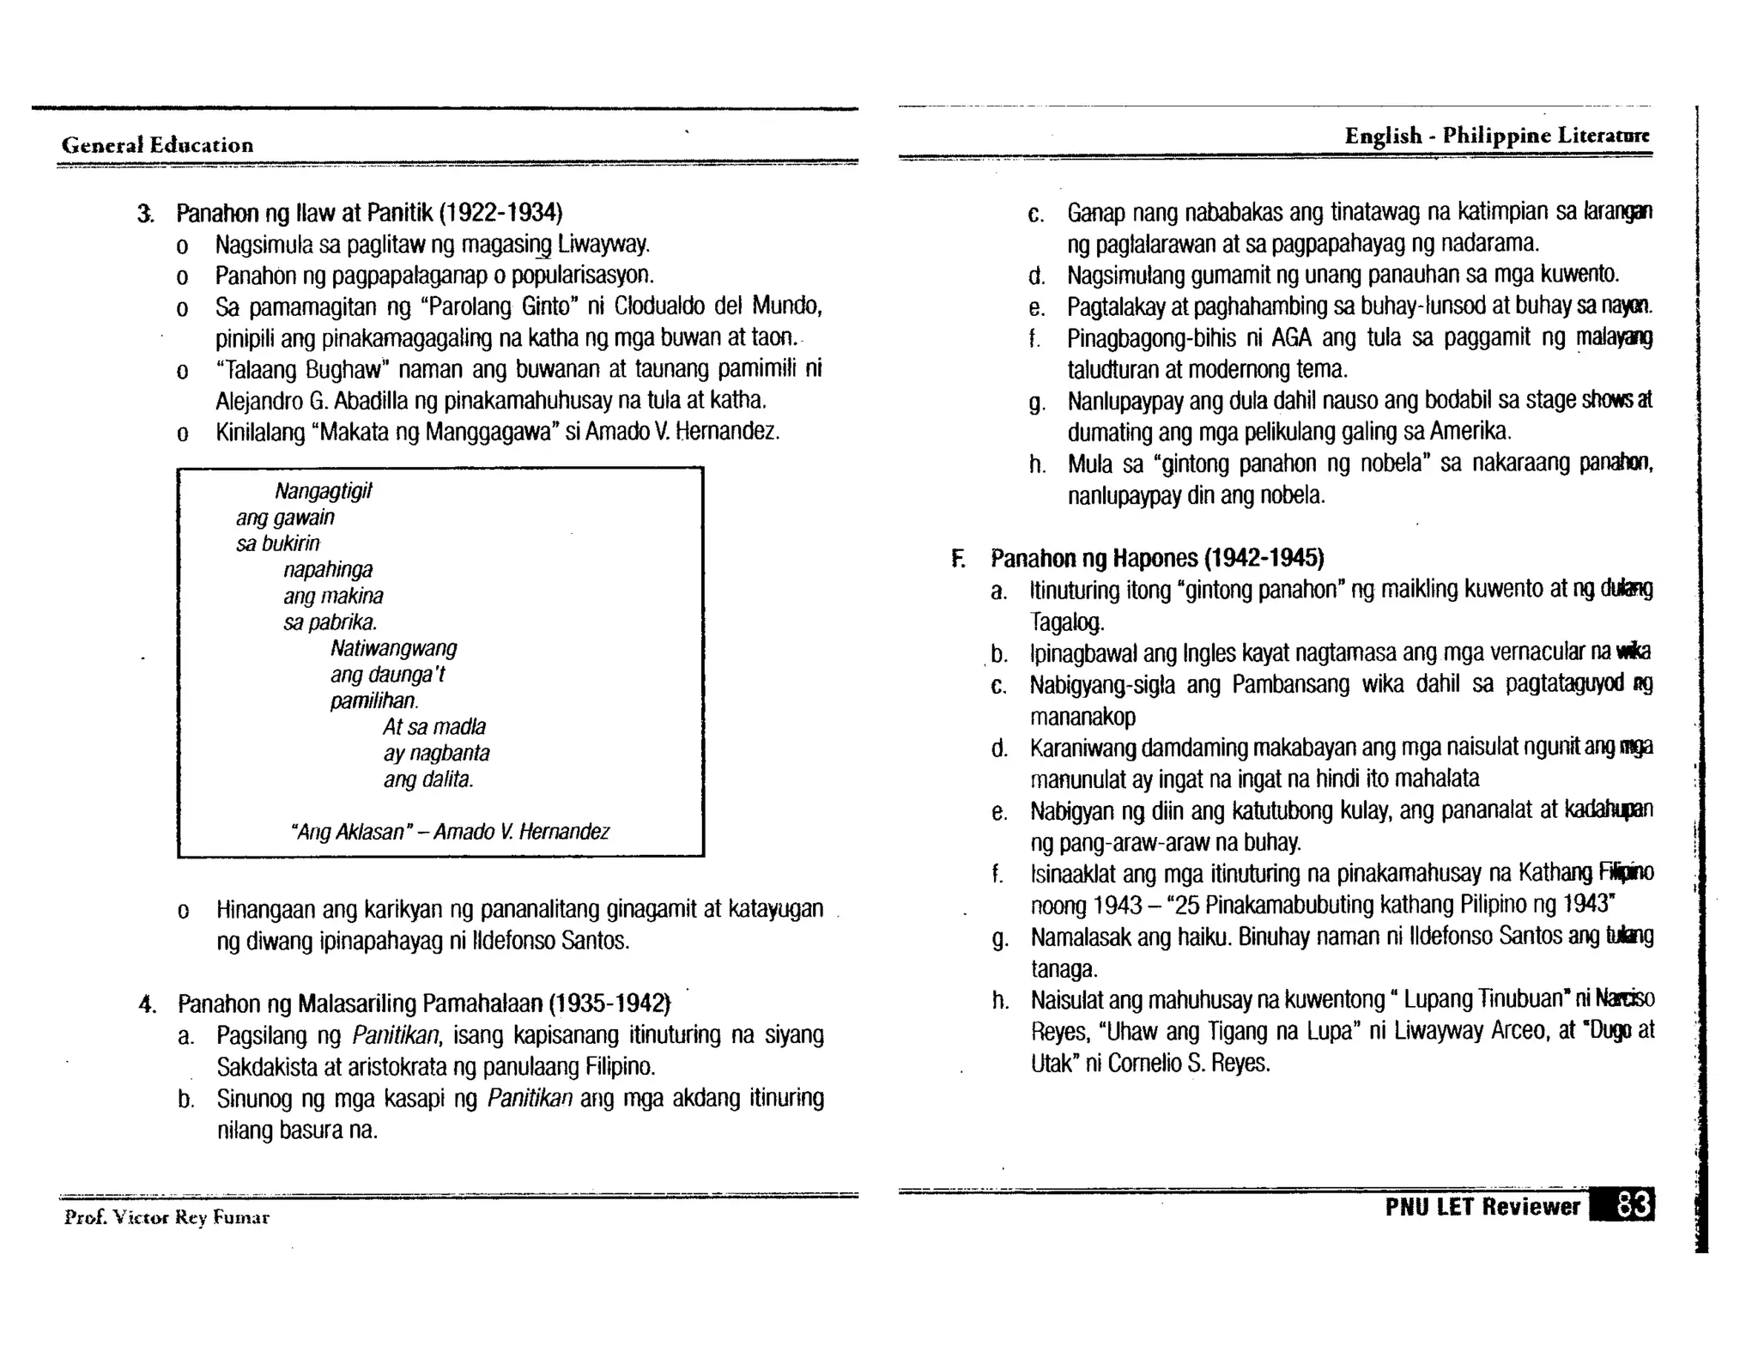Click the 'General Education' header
[x=157, y=144]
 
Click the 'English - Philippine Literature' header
[x=1495, y=136]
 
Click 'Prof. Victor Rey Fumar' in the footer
[x=167, y=1217]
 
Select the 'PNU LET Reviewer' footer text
[x=1482, y=1207]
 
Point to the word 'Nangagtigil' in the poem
[x=323, y=491]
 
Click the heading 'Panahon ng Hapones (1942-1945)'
[x=1156, y=559]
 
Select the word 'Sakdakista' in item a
[x=264, y=1067]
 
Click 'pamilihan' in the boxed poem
[x=373, y=701]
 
